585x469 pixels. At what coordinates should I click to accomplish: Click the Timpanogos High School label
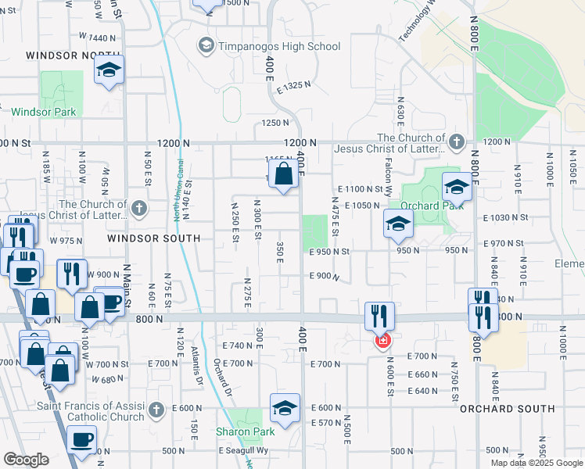click(279, 47)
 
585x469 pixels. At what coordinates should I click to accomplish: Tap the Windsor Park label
click(44, 112)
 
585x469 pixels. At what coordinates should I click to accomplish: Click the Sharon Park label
click(245, 431)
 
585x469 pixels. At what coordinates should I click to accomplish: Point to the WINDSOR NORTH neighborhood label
click(62, 55)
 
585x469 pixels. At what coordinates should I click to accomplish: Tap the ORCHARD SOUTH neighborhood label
click(518, 409)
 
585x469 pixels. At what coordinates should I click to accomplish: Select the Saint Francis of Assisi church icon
click(156, 409)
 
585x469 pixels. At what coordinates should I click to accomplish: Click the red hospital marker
click(382, 340)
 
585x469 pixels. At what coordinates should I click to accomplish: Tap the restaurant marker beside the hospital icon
click(379, 316)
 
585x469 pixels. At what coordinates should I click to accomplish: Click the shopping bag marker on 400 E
click(284, 174)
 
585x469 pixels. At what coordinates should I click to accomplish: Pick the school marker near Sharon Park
click(285, 408)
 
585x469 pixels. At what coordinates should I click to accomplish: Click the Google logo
click(26, 460)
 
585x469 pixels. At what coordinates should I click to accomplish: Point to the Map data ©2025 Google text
click(537, 463)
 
